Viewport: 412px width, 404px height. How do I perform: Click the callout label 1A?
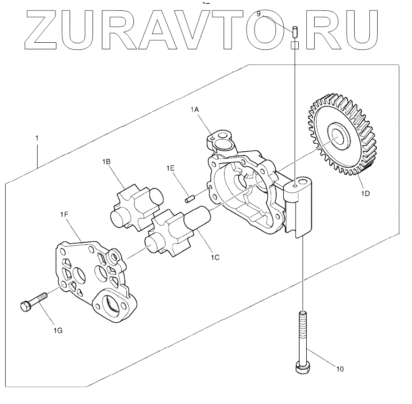click(x=195, y=109)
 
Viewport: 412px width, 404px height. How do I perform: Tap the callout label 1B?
click(x=106, y=161)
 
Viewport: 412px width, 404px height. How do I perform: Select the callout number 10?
click(x=340, y=369)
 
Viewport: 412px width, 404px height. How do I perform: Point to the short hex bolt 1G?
click(x=34, y=302)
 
